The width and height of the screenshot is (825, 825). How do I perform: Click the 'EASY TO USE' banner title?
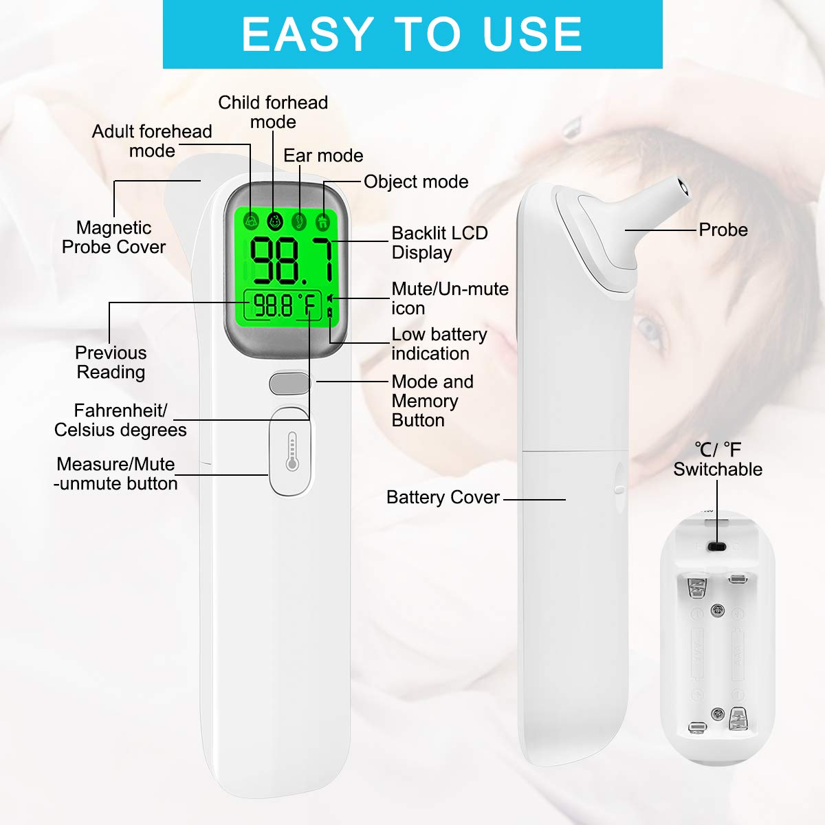tap(412, 34)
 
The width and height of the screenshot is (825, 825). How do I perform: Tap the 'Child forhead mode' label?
tap(273, 112)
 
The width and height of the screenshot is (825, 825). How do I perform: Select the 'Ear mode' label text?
tap(323, 155)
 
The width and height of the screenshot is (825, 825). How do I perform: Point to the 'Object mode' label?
tap(416, 181)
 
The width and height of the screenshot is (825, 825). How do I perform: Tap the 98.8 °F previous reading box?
tap(283, 305)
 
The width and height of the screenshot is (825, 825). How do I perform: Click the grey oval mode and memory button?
tap(289, 383)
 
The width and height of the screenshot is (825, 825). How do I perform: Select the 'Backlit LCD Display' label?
tap(439, 243)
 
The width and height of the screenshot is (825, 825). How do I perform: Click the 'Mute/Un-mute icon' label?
tap(450, 298)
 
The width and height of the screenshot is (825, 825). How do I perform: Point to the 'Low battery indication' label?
tap(439, 344)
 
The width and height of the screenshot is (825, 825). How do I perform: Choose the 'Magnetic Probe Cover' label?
tap(114, 237)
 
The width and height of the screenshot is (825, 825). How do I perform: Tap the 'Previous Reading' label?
tap(111, 362)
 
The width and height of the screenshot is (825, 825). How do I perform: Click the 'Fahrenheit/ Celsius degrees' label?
tap(120, 420)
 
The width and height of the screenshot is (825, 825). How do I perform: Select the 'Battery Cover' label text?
tap(443, 497)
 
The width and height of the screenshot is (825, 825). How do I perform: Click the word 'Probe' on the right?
tap(723, 230)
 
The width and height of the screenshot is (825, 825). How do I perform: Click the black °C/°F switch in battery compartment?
tap(717, 546)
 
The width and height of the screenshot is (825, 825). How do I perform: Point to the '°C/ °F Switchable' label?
tap(718, 459)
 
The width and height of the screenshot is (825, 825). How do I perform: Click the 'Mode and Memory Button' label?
tap(432, 401)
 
